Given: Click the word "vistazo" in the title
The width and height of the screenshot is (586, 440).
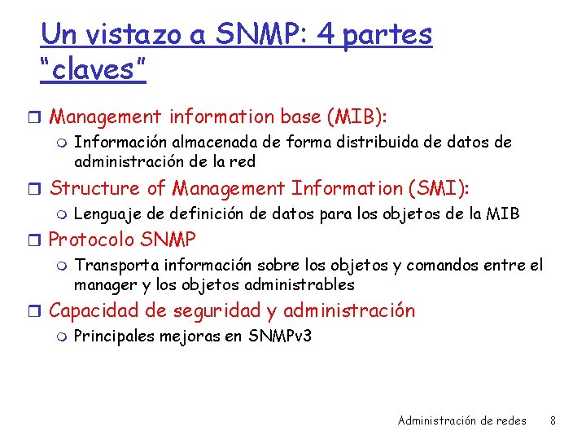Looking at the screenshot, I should coord(123,34).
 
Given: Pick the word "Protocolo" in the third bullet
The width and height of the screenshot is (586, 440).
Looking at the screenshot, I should coord(92,240).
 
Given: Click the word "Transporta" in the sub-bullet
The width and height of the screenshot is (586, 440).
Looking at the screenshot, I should coord(116,265).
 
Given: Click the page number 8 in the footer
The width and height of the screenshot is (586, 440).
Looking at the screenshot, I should coord(553,420).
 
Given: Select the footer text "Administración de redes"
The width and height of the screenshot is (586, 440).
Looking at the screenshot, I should coord(461,420).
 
